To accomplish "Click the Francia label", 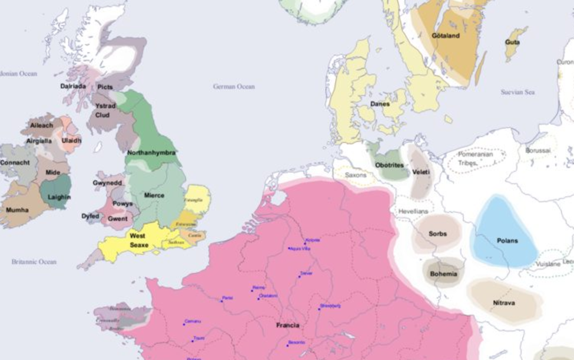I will pos(288,325).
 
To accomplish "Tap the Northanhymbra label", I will pos(151,153).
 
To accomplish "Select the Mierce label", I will pos(154,195).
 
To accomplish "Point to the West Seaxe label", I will pos(139,240).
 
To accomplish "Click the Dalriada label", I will pos(73,86).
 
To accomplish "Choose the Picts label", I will pos(105,87).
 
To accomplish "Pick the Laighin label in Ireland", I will pos(59,198).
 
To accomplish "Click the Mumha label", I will pos(17,209).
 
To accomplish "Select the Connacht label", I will pos(15,162).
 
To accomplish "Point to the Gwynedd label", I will pos(107,183).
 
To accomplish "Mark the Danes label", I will pos(380,104).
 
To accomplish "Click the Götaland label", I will pos(446,36).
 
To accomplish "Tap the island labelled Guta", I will pos(513,42).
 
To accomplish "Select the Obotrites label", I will pos(389,165).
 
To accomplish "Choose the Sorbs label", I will pos(437,234).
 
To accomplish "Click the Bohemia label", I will pos(443,274).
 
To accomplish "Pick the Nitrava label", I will pos(504,303).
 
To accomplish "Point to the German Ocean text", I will pos(234,86).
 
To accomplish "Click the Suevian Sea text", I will pos(517,92).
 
